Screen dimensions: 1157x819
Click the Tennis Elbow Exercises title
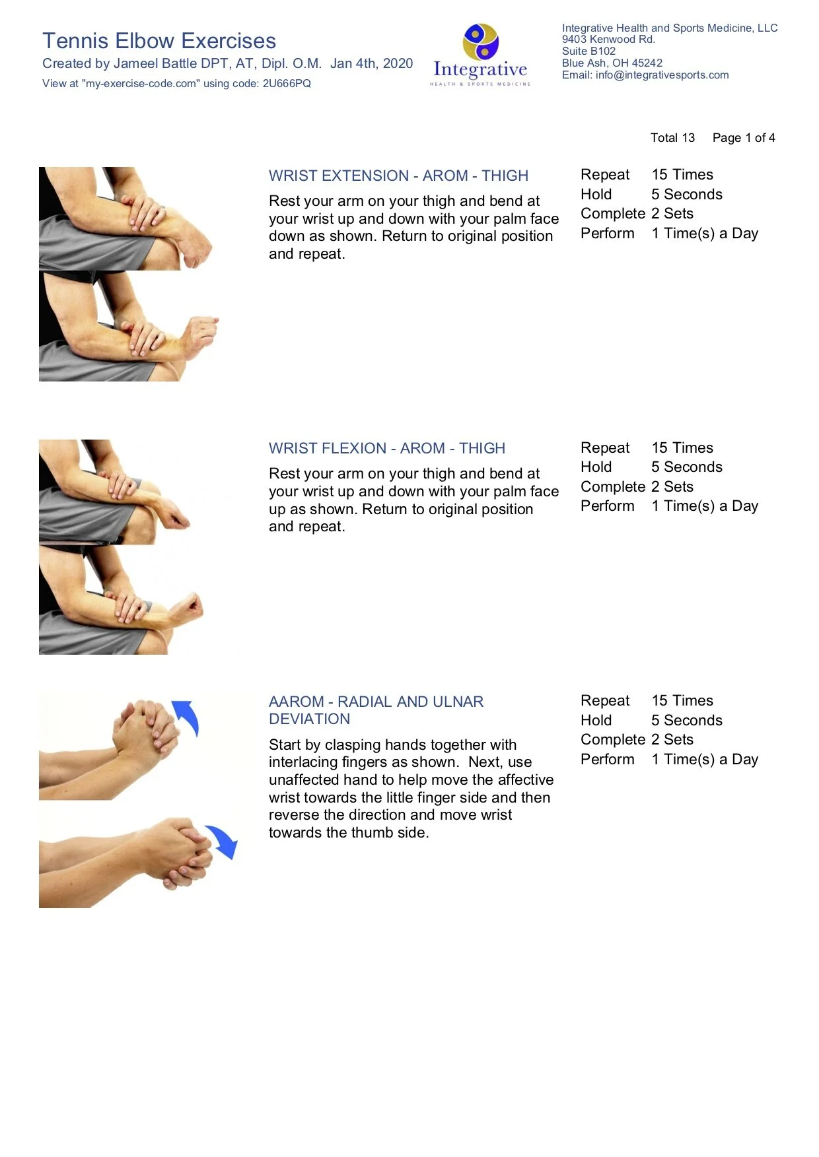[159, 41]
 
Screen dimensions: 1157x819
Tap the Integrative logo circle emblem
[481, 41]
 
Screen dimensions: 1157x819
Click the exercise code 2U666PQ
[287, 84]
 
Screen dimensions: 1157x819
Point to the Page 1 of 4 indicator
[743, 138]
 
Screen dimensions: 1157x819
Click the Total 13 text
[672, 138]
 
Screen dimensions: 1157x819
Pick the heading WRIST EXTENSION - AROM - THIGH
[398, 176]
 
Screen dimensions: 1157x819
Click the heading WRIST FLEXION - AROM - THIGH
[386, 449]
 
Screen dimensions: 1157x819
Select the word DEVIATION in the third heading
[309, 719]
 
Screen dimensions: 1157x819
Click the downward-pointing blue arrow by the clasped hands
[222, 842]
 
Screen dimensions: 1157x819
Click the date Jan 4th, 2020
[371, 64]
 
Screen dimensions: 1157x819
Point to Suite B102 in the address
[588, 51]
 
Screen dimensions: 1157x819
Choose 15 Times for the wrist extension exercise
[682, 175]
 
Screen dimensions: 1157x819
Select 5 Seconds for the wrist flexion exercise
[686, 467]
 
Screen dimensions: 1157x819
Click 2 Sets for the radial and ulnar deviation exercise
[672, 740]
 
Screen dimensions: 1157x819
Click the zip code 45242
[647, 63]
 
